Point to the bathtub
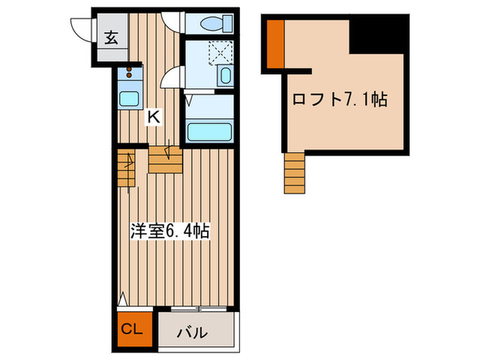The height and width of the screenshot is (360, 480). [210, 130]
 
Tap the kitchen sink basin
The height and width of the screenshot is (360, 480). [128, 98]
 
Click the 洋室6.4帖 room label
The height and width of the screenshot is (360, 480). [169, 231]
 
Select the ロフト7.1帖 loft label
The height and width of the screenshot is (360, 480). [340, 100]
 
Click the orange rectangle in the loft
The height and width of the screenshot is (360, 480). [276, 45]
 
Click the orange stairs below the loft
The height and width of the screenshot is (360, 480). [293, 172]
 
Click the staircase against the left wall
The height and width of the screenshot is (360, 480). [126, 169]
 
